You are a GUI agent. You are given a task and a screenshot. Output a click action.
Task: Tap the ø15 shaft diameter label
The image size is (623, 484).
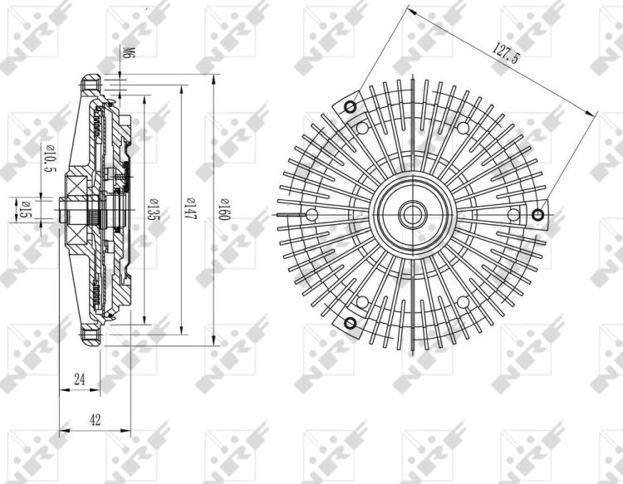[x=25, y=211]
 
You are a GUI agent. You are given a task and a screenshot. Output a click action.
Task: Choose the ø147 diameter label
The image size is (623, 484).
[x=190, y=208]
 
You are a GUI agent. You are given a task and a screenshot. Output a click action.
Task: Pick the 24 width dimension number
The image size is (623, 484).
[x=80, y=379]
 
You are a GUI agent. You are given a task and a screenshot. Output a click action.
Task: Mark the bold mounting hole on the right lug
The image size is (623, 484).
[x=538, y=216]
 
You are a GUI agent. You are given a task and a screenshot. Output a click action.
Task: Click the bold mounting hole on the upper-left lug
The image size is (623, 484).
[x=350, y=106]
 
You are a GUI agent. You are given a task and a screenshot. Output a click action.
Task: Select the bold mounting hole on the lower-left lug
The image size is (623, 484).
[x=350, y=323]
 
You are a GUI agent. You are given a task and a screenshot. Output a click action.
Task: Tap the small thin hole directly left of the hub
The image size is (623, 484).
[x=311, y=215]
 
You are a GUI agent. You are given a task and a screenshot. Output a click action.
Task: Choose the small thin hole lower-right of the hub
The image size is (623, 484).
[x=462, y=302]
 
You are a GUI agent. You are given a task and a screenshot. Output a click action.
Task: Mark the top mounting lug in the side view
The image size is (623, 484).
[x=91, y=86]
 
